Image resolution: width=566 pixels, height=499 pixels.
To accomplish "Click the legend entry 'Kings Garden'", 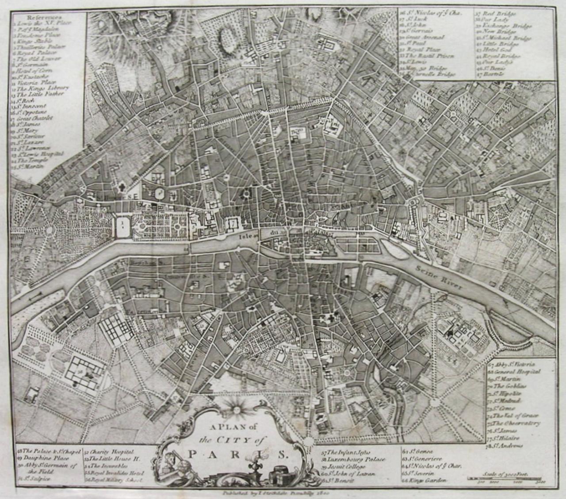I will pyautogui.click(x=425, y=480).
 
